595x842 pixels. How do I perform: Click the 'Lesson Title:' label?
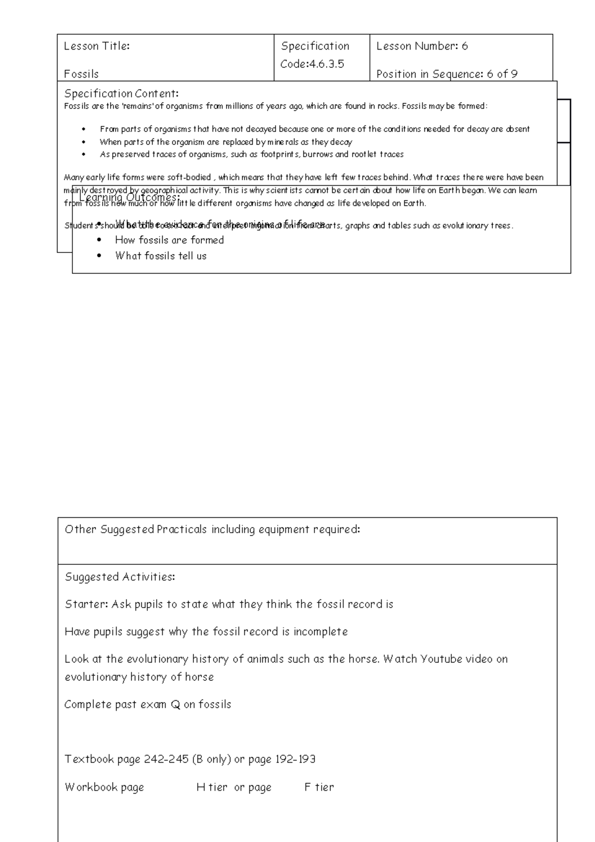[97, 46]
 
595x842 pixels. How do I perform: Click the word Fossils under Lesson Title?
[81, 74]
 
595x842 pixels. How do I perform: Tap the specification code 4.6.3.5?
[327, 64]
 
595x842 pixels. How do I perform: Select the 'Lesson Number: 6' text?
[422, 46]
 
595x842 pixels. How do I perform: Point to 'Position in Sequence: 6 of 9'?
[447, 74]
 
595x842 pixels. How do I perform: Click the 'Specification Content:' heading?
[121, 93]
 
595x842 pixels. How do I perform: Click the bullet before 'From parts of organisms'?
[84, 129]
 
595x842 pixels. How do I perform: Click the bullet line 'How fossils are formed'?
[169, 240]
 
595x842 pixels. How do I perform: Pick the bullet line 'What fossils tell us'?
[161, 256]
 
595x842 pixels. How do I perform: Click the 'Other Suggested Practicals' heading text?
[212, 530]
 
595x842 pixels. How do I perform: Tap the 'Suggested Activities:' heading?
[120, 577]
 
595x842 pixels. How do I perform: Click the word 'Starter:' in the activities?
[86, 604]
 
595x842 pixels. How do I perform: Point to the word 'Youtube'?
[442, 659]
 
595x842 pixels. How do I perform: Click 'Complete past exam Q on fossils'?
[148, 704]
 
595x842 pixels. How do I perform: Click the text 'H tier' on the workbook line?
[212, 787]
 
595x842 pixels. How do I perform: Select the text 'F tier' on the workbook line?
[319, 787]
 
